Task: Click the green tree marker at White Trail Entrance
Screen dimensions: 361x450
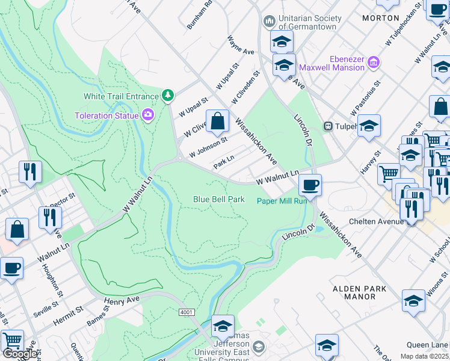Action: (x=168, y=96)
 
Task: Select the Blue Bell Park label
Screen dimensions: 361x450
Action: (x=218, y=199)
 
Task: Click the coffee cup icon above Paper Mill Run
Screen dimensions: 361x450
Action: (x=310, y=185)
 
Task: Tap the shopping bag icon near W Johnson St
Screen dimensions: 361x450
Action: (x=218, y=120)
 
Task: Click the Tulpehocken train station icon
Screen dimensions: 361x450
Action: (x=328, y=126)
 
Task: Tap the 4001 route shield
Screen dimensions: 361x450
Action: (x=186, y=312)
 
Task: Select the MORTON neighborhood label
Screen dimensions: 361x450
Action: (x=381, y=18)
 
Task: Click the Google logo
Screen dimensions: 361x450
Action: (x=20, y=354)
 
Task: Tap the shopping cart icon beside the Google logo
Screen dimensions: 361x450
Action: (x=11, y=340)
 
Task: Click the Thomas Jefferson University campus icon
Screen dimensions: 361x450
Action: (x=258, y=347)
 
